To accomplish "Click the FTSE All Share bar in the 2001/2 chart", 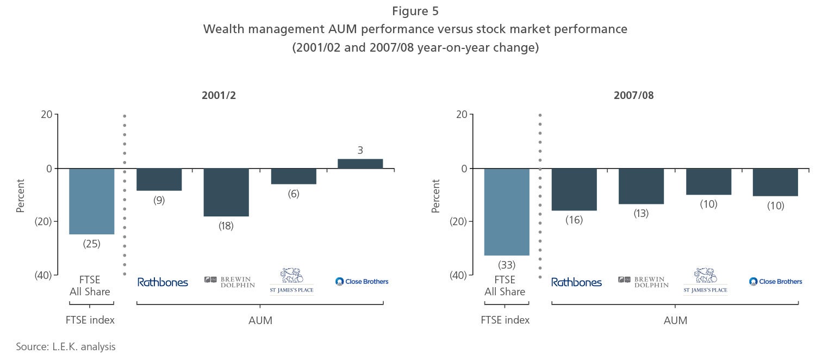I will (x=91, y=201).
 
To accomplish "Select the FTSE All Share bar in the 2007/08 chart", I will (x=507, y=212).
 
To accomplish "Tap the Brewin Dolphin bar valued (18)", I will (x=226, y=192).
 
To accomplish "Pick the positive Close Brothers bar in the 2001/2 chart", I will (x=360, y=164).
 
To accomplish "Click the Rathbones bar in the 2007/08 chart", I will (x=574, y=189).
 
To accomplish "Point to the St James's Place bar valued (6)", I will (x=294, y=176).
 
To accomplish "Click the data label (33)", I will (x=507, y=265).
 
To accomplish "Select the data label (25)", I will (x=91, y=244).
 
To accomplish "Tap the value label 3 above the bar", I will (x=360, y=150).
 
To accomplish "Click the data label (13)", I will (x=641, y=213).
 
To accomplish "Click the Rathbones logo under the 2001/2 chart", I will (x=163, y=282).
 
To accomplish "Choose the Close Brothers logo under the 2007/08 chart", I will (x=775, y=282).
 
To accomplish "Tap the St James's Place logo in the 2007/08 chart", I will (x=705, y=281).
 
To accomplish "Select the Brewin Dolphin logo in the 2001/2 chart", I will (x=229, y=282).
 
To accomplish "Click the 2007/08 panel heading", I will (x=633, y=95).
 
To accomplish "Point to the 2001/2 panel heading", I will (x=219, y=95).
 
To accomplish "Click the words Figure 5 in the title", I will (x=415, y=11).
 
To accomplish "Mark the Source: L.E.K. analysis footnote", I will (x=66, y=346).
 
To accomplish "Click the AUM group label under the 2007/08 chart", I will (x=675, y=320).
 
